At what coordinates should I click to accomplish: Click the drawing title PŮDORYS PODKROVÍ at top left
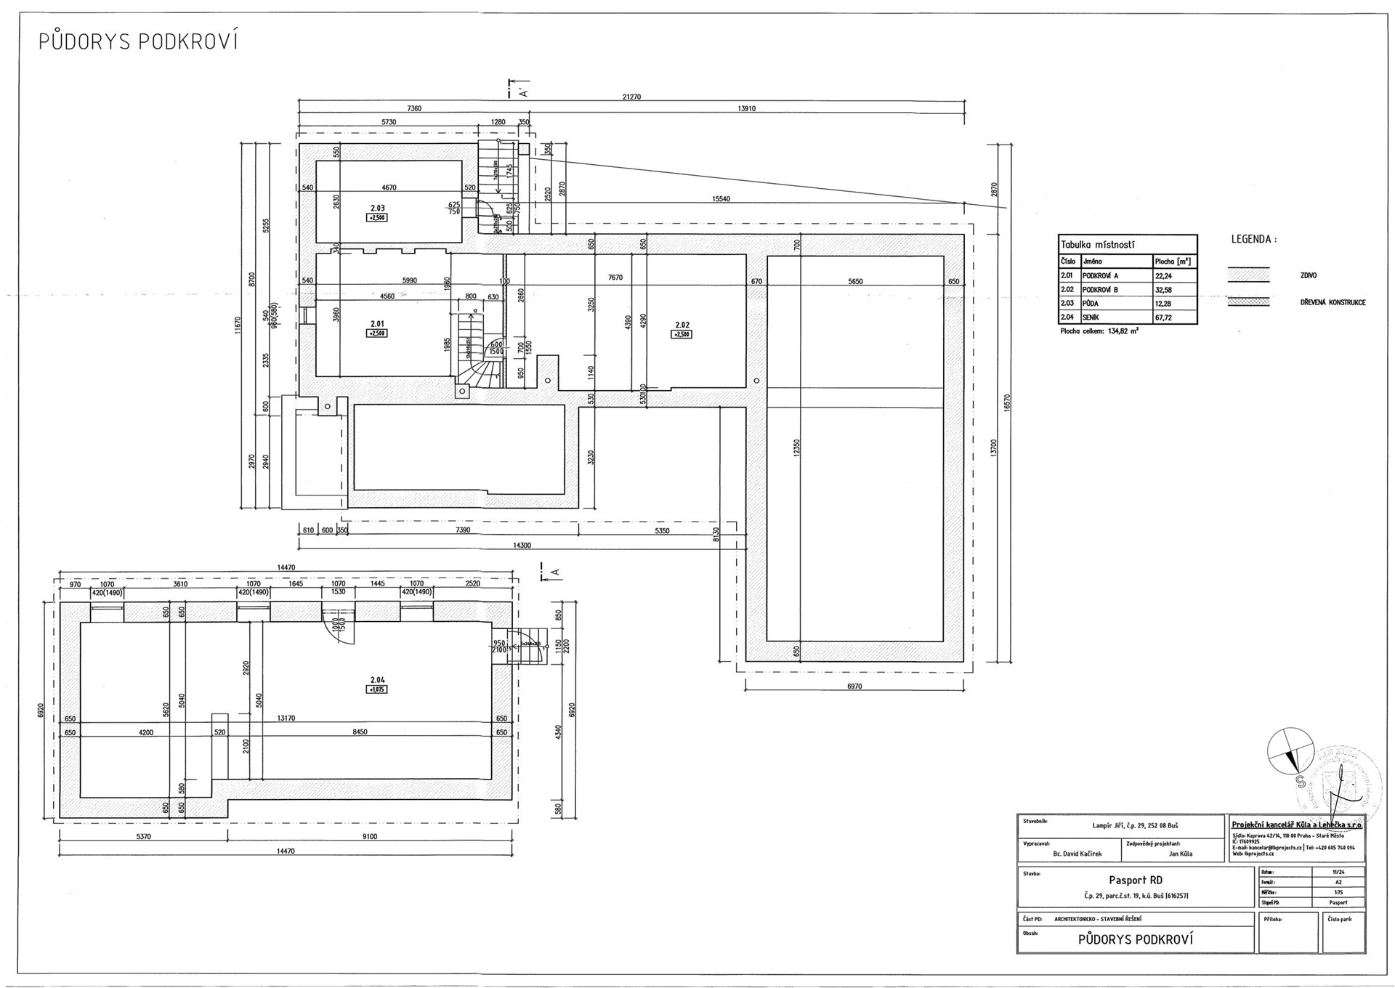[x=138, y=42]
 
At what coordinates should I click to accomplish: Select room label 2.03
[x=377, y=208]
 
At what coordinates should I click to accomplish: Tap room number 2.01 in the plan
[x=377, y=324]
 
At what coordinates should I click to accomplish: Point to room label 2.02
[x=682, y=325]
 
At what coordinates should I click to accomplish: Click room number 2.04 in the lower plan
[x=377, y=680]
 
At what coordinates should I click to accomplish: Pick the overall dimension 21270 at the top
[x=632, y=97]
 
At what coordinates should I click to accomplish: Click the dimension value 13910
[x=746, y=109]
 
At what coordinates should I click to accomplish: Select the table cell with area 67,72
[x=1165, y=317]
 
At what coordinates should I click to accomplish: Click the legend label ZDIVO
[x=1308, y=276]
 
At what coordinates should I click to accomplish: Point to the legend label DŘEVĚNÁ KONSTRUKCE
[x=1333, y=302]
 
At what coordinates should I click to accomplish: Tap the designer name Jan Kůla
[x=1181, y=854]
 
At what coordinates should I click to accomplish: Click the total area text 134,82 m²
[x=1099, y=331]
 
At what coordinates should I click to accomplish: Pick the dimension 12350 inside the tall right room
[x=797, y=448]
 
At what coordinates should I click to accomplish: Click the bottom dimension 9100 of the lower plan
[x=369, y=836]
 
